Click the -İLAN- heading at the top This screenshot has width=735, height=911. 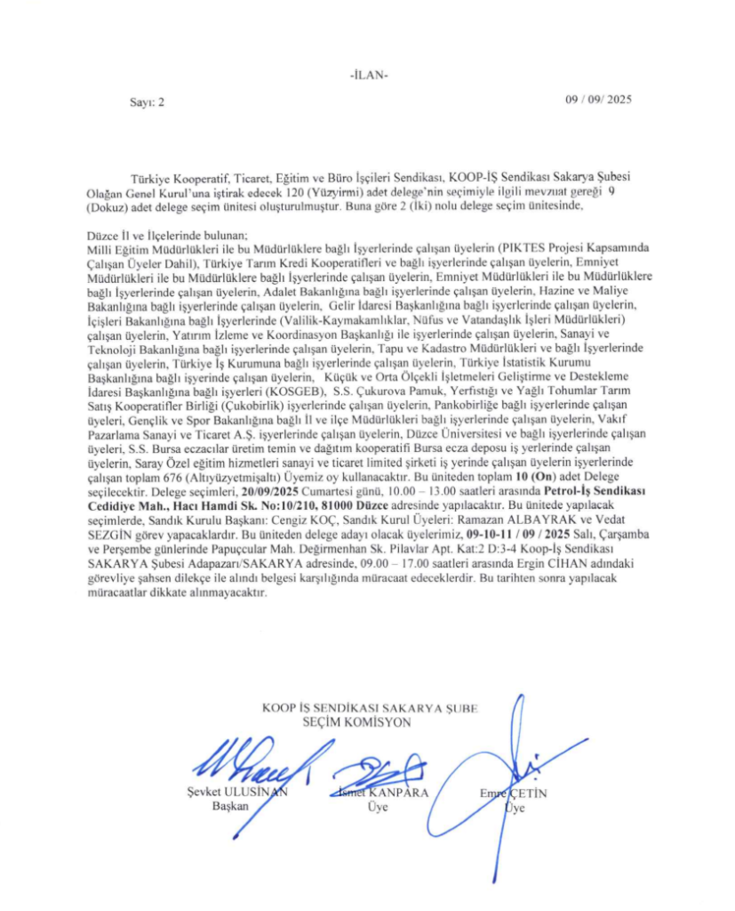click(368, 74)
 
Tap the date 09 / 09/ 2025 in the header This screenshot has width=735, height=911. click(598, 101)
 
